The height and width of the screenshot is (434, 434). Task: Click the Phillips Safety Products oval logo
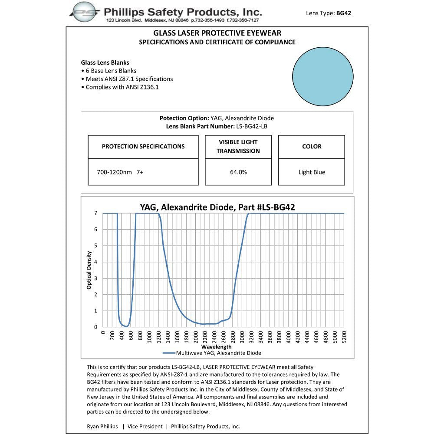tap(85, 12)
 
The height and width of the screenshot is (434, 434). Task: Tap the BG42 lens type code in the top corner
tap(343, 13)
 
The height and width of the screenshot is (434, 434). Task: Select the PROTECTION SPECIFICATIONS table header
tap(143, 147)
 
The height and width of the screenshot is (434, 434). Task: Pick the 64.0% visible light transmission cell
tap(238, 172)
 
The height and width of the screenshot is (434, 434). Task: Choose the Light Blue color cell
tap(312, 172)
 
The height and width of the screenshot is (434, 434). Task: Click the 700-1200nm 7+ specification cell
tap(120, 172)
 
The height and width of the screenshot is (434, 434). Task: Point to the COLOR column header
tap(312, 147)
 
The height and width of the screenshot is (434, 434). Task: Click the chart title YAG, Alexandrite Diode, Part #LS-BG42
tap(217, 207)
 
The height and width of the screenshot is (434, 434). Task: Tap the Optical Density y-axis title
tap(89, 270)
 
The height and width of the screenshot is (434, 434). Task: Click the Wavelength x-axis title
tap(216, 347)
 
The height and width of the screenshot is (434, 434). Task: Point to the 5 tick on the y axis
tap(95, 246)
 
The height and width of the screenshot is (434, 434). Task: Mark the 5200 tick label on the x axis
tap(344, 337)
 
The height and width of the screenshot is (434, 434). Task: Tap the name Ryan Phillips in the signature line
tap(102, 427)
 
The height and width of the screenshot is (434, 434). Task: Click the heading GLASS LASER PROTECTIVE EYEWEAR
tap(217, 33)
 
